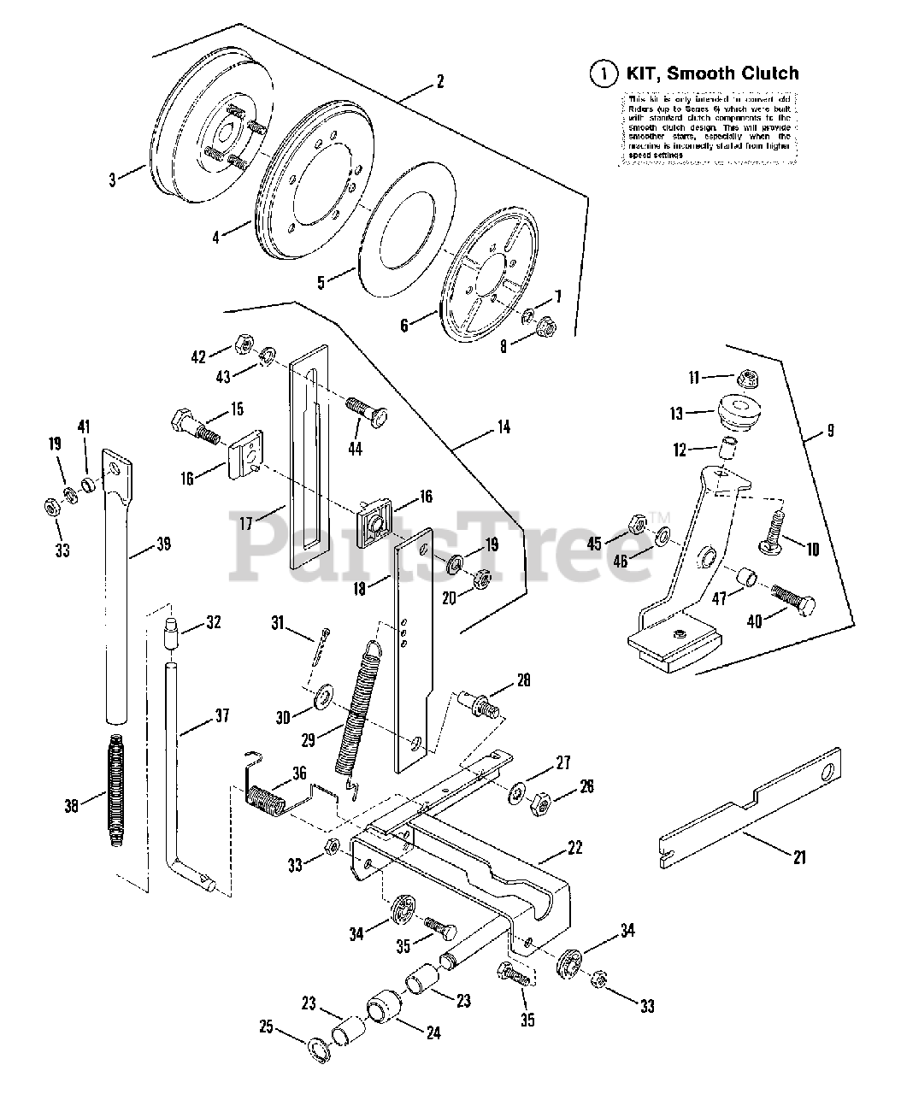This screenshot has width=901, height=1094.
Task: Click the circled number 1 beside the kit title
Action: point(604,74)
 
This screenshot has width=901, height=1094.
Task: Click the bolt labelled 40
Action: point(792,604)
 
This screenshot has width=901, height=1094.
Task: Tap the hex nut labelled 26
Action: point(542,803)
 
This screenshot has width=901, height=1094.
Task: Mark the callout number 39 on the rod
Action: point(163,544)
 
